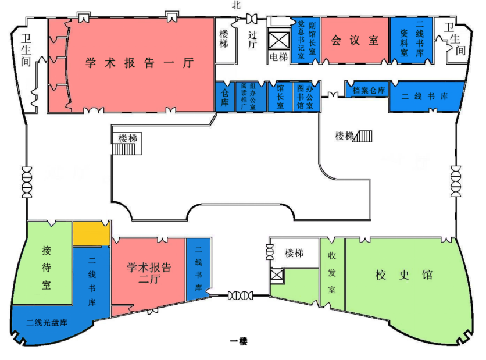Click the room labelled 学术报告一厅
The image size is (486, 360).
pyautogui.click(x=140, y=63)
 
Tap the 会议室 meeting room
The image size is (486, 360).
pyautogui.click(x=355, y=41)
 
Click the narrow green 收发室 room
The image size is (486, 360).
pyautogui.click(x=332, y=272)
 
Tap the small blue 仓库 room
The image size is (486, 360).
pyautogui.click(x=224, y=97)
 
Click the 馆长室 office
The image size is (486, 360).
pyautogui.click(x=279, y=97)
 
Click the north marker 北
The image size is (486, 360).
pyautogui.click(x=235, y=5)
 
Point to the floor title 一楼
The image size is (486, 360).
pyautogui.click(x=238, y=341)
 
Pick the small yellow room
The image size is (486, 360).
pyautogui.click(x=91, y=234)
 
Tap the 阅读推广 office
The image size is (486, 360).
pyautogui.click(x=243, y=97)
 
